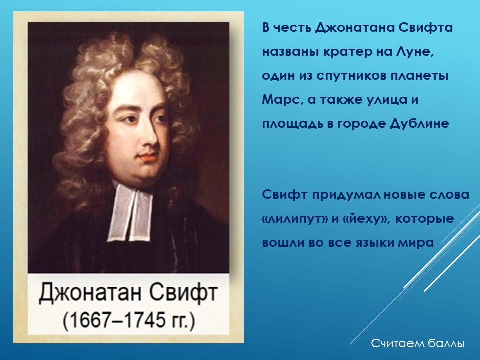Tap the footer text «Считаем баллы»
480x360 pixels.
(x=418, y=343)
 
